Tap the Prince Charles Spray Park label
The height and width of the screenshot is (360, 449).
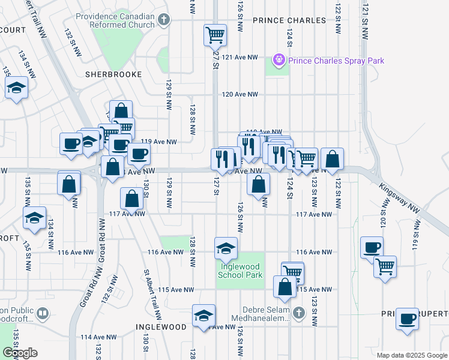pyautogui.click(x=336, y=61)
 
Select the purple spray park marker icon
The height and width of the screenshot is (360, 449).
pyautogui.click(x=278, y=60)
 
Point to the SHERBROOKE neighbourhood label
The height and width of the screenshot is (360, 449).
pyautogui.click(x=113, y=74)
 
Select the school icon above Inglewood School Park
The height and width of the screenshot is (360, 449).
pyautogui.click(x=226, y=248)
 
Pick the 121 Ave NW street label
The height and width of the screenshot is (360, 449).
pyautogui.click(x=240, y=57)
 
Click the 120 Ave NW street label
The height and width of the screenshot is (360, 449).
pyautogui.click(x=240, y=95)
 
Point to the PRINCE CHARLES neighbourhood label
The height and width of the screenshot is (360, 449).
pyautogui.click(x=289, y=20)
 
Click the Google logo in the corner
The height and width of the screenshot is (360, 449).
pyautogui.click(x=20, y=353)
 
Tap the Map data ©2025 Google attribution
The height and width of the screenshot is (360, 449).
pyautogui.click(x=411, y=355)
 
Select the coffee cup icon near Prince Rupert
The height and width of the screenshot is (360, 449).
pyautogui.click(x=408, y=318)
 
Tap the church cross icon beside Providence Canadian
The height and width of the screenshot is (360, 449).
pyautogui.click(x=164, y=20)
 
